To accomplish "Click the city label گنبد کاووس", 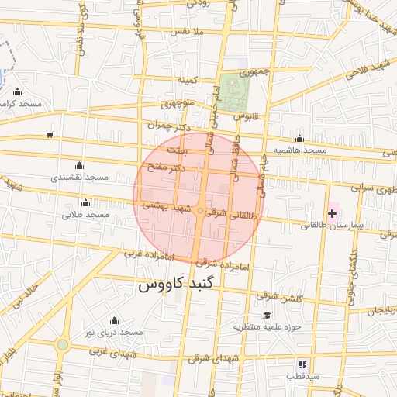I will click(180, 285).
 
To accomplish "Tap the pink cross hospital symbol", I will click(333, 212).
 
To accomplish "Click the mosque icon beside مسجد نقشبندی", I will click(79, 165).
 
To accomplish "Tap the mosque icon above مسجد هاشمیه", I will click(299, 138).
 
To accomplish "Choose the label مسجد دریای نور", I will click(114, 332).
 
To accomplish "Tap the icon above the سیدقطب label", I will click(302, 363).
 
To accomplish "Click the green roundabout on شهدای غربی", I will click(62, 344).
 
